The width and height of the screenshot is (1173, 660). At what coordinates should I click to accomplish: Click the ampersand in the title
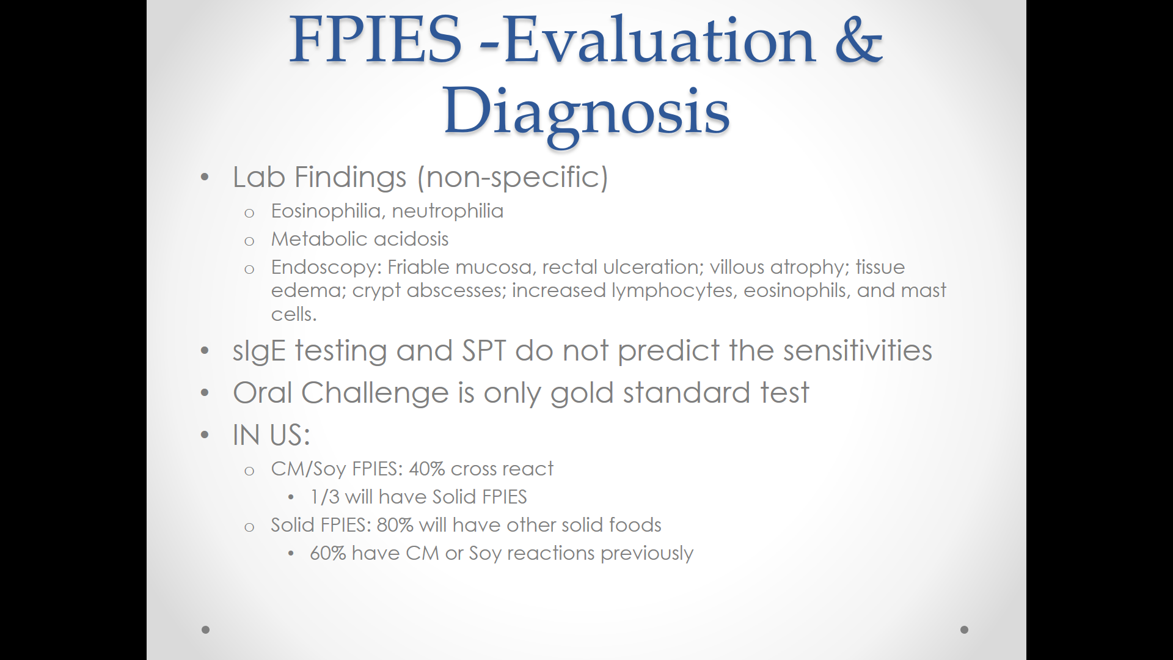pos(858,40)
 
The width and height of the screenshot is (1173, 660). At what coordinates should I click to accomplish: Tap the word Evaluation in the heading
pos(660,40)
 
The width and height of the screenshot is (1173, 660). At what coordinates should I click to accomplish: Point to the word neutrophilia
pos(448,211)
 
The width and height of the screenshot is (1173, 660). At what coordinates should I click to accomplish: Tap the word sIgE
pos(259,351)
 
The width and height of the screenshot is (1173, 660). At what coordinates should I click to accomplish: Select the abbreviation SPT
pos(484,351)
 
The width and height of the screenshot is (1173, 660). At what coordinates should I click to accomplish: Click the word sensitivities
pos(858,351)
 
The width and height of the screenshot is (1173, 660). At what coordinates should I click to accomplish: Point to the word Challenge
pos(375,394)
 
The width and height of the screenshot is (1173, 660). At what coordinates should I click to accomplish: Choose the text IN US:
pos(272,435)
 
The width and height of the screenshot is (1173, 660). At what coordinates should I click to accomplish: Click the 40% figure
pos(426,469)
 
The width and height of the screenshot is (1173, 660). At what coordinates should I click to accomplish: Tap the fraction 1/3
pos(324,497)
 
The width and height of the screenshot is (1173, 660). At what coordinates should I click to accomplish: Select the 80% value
pos(395,525)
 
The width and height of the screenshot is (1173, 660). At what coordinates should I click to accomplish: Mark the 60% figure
pos(328,553)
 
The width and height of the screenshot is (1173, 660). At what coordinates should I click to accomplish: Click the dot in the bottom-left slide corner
pos(206,629)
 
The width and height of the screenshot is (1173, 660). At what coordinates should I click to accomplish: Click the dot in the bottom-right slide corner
pos(965,629)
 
